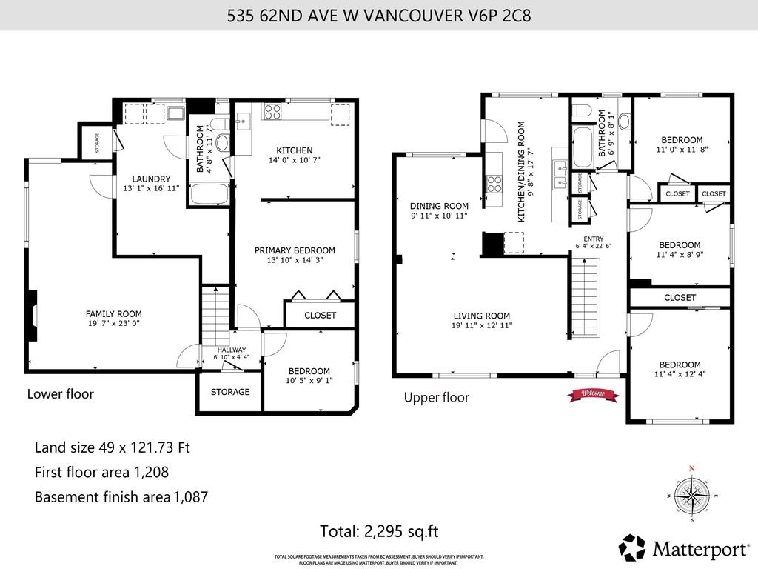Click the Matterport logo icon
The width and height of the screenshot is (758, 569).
633,548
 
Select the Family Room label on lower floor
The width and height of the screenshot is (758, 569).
113,314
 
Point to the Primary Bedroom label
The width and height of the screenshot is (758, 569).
295,250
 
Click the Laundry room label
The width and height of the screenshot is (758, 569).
151,179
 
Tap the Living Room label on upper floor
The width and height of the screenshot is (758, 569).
481,315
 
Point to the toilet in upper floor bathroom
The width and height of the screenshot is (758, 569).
583,112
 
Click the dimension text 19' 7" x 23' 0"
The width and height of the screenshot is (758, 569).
113,325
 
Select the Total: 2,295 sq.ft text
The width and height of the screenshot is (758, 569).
379,531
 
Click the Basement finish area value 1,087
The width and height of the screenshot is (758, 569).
190,497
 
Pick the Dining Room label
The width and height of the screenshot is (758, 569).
439,206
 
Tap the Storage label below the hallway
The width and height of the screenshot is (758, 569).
230,392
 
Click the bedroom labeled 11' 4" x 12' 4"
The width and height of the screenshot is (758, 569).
680,369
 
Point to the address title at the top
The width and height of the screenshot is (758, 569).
379,15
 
